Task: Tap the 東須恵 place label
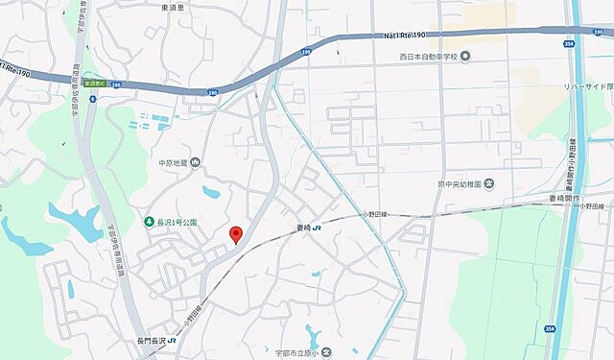174,7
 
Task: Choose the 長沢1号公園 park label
177,222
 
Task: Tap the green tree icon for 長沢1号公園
149,222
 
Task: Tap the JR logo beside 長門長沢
173,341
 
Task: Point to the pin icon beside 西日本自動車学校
465,57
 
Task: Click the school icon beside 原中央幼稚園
489,182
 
